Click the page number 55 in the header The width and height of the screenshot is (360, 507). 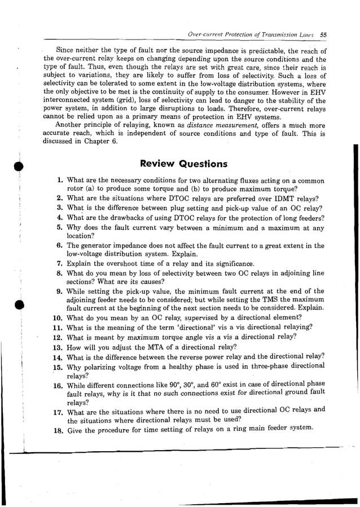coord(323,34)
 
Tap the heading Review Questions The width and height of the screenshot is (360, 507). coord(183,164)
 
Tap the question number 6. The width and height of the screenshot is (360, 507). coord(59,246)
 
